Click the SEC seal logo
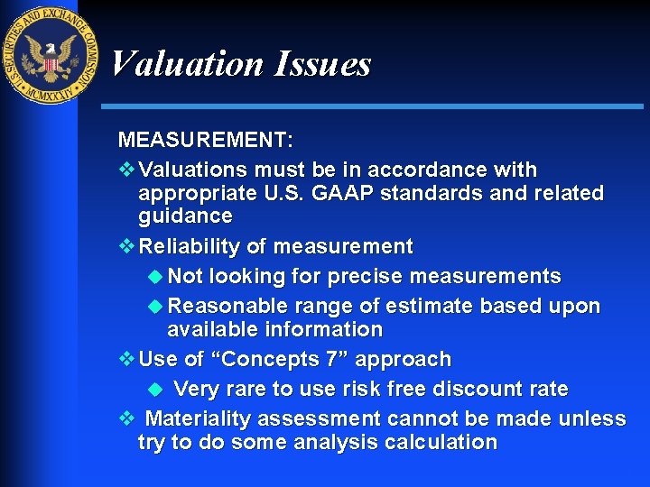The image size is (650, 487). pos(49,55)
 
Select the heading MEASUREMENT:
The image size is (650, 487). pos(206,141)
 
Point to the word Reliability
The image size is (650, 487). pos(192,246)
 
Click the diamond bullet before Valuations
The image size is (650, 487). pos(126,170)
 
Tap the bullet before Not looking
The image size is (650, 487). pos(154,276)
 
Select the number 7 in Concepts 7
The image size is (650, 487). pos(334,359)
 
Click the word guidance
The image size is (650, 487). pos(185,216)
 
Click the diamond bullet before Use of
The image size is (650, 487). pos(126,359)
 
